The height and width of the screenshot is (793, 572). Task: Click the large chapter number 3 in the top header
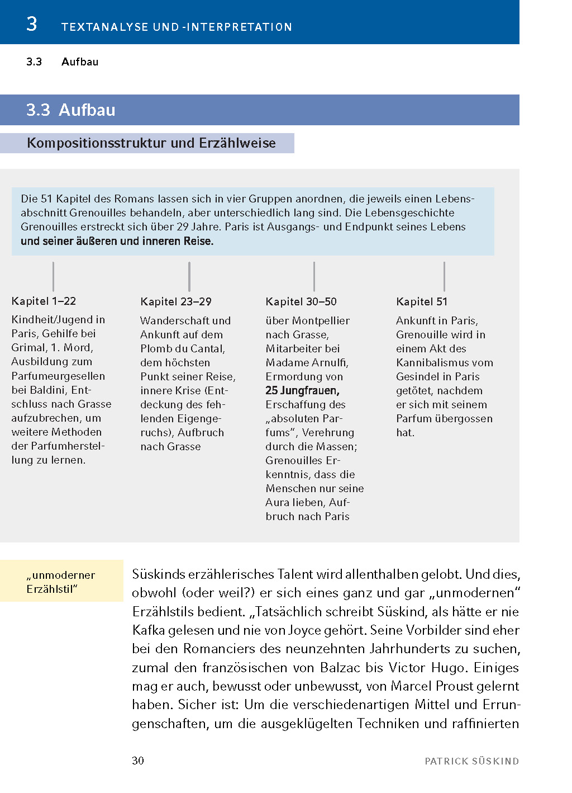[x=32, y=24]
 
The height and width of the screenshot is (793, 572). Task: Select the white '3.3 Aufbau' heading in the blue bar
[x=71, y=110]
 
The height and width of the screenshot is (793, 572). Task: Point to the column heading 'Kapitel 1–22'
[x=44, y=301]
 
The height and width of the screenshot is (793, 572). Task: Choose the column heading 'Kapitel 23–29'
[x=176, y=302]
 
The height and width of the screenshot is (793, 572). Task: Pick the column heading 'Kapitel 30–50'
[x=301, y=302]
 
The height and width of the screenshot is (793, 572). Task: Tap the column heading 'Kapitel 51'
[x=422, y=302]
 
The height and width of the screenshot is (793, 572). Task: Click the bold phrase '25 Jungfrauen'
[x=302, y=390]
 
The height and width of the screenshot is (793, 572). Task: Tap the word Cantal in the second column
[x=207, y=349]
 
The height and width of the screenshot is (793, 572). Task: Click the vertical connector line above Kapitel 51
[x=444, y=276]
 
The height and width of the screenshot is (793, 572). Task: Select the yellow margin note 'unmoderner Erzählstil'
[x=61, y=582]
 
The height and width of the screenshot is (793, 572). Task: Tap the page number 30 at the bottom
[x=138, y=761]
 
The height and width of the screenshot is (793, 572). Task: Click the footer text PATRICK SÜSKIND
[x=471, y=761]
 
